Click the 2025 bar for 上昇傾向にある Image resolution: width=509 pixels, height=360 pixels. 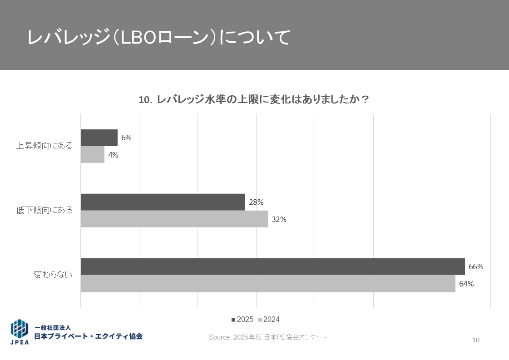[99, 138]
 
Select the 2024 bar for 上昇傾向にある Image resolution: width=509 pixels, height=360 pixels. [93, 154]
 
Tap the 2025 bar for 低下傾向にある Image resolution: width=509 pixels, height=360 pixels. [163, 202]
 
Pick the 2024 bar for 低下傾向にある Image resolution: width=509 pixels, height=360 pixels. [174, 219]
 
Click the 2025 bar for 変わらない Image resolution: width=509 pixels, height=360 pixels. [272, 266]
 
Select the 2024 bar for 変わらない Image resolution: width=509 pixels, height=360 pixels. [268, 284]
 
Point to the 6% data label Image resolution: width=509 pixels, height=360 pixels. [126, 138]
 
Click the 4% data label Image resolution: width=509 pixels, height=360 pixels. [113, 155]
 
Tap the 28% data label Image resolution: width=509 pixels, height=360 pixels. [256, 202]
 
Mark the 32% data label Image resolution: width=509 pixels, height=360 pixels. [279, 219]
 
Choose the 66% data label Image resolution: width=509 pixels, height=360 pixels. [476, 266]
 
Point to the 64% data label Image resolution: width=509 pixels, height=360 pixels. [466, 284]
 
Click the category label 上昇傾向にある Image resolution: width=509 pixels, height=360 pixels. [44, 146]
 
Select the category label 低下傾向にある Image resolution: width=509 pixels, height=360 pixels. [44, 210]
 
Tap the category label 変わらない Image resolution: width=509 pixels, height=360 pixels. [53, 275]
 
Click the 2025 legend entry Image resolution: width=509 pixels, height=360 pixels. [242, 320]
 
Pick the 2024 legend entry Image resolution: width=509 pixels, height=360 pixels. [269, 320]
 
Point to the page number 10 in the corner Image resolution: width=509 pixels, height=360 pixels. [476, 340]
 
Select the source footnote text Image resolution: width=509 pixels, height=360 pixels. [268, 337]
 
